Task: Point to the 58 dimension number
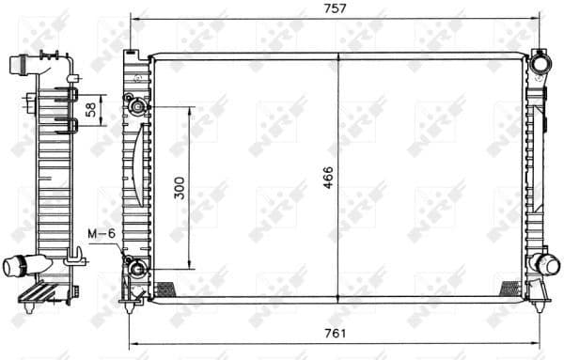point(90,109)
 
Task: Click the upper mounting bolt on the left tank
point(137,106)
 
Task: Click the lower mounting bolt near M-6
point(137,270)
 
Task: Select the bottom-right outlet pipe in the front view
point(542,262)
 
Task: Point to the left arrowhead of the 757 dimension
point(133,19)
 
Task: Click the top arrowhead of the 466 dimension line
point(339,60)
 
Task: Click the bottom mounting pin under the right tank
point(540,302)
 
